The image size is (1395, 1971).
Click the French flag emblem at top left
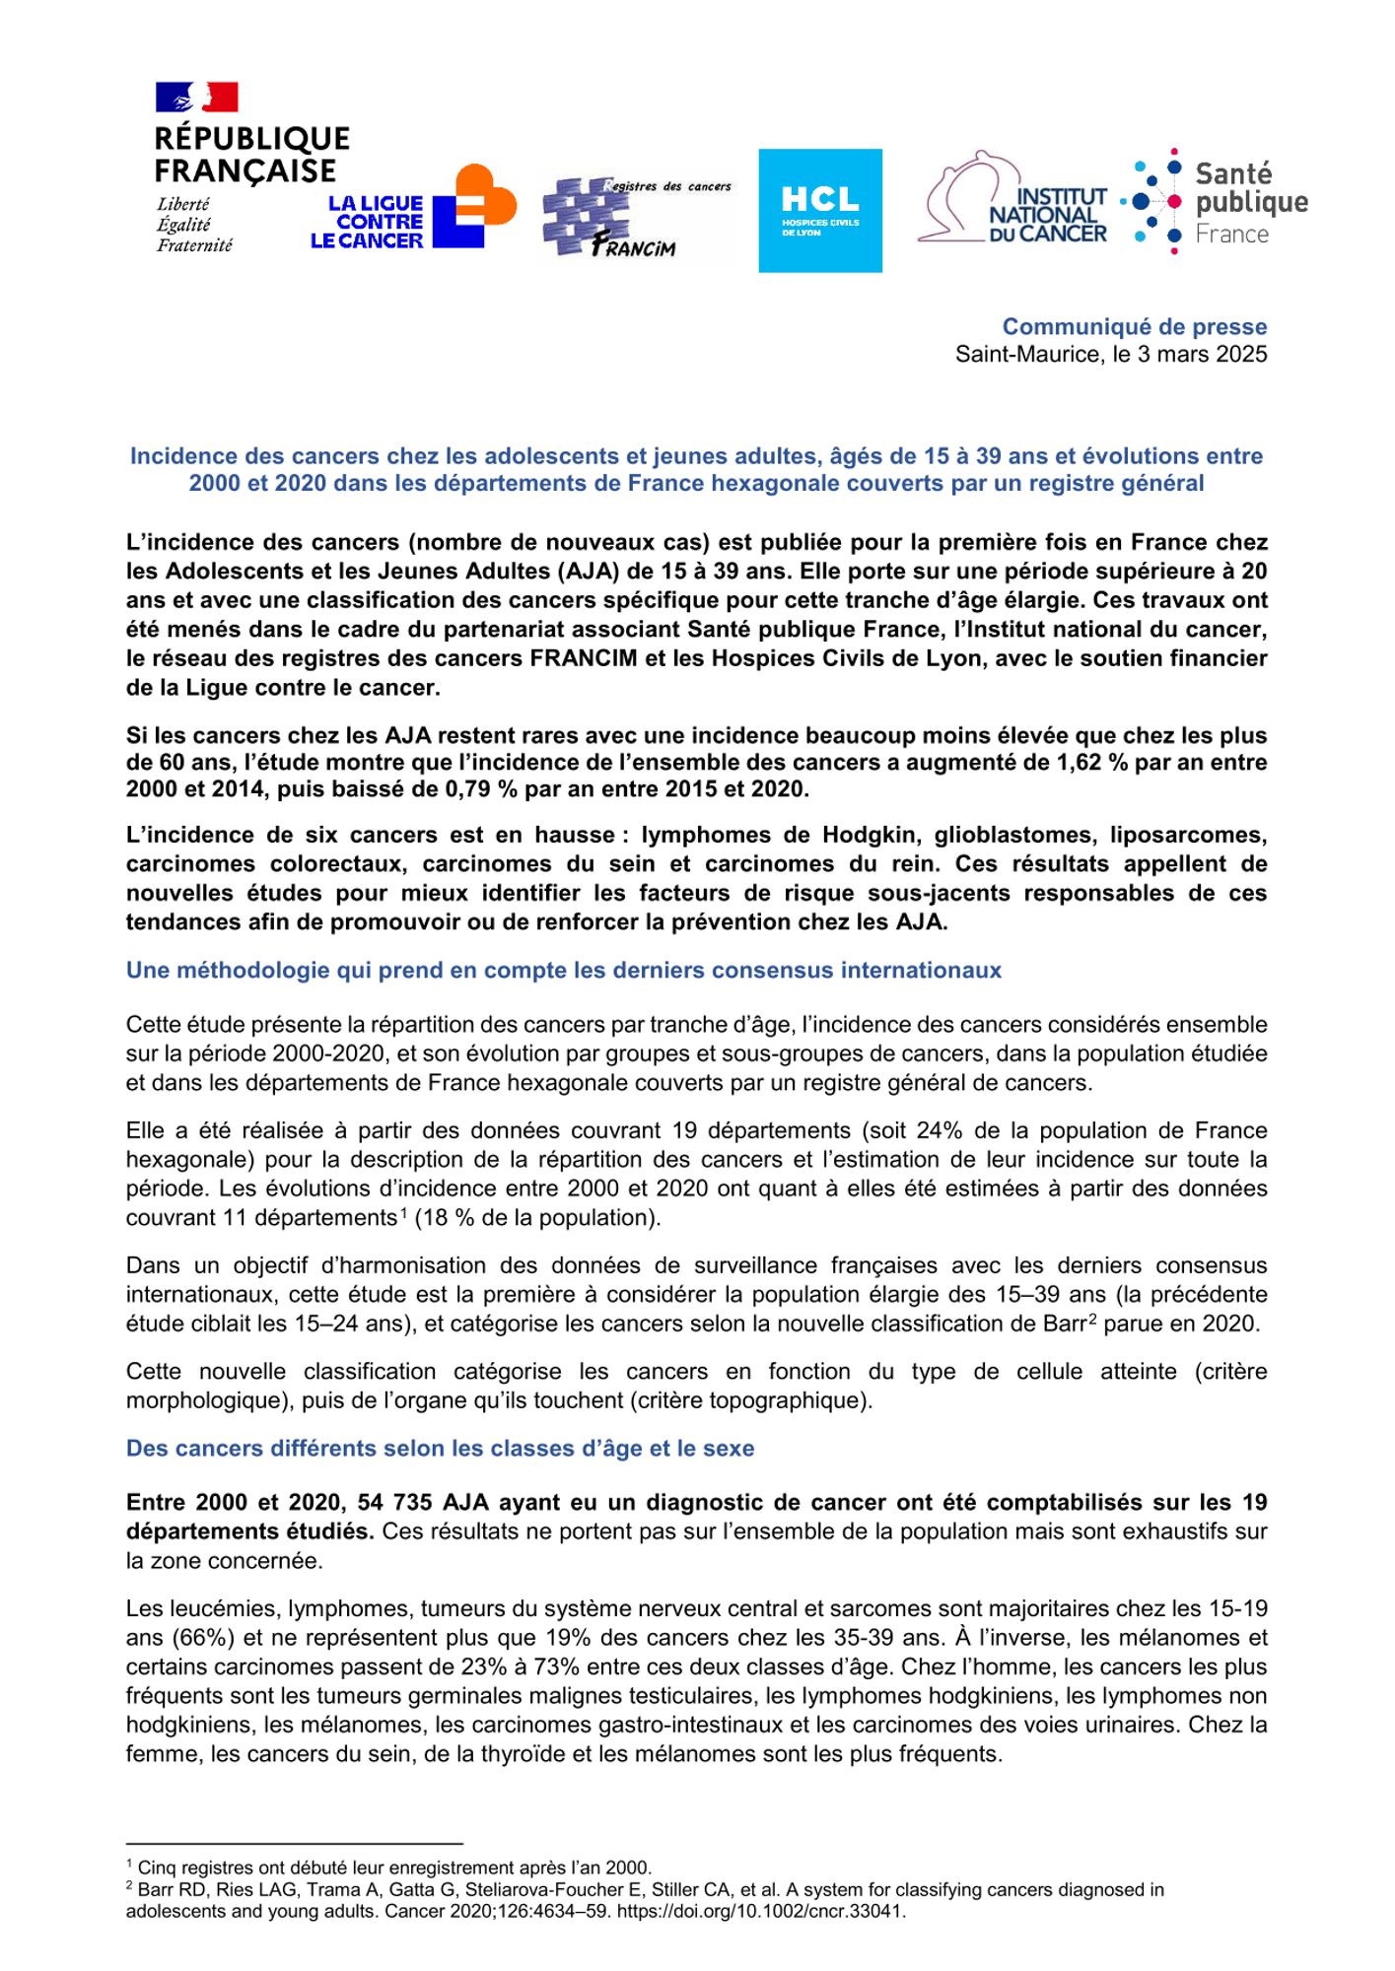coord(197,98)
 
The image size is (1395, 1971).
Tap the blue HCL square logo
coord(819,210)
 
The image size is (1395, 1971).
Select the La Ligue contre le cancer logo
coord(413,208)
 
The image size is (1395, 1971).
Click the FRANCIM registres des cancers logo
coord(637,218)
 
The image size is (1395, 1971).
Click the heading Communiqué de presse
coord(1134,326)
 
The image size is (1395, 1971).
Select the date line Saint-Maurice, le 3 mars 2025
coord(1110,355)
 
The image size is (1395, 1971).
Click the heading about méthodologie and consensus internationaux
coord(563,970)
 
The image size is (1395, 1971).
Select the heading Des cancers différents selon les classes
coord(440,1448)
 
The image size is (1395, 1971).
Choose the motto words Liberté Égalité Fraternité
coord(194,225)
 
